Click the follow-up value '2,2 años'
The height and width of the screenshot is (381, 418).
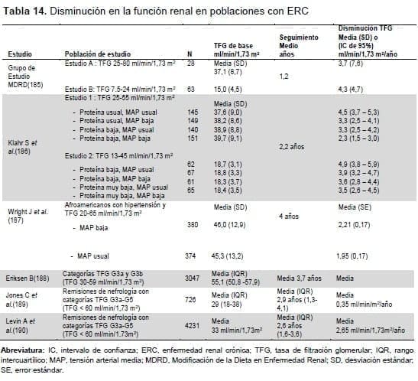293,145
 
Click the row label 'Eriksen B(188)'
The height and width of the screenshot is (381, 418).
28,275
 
